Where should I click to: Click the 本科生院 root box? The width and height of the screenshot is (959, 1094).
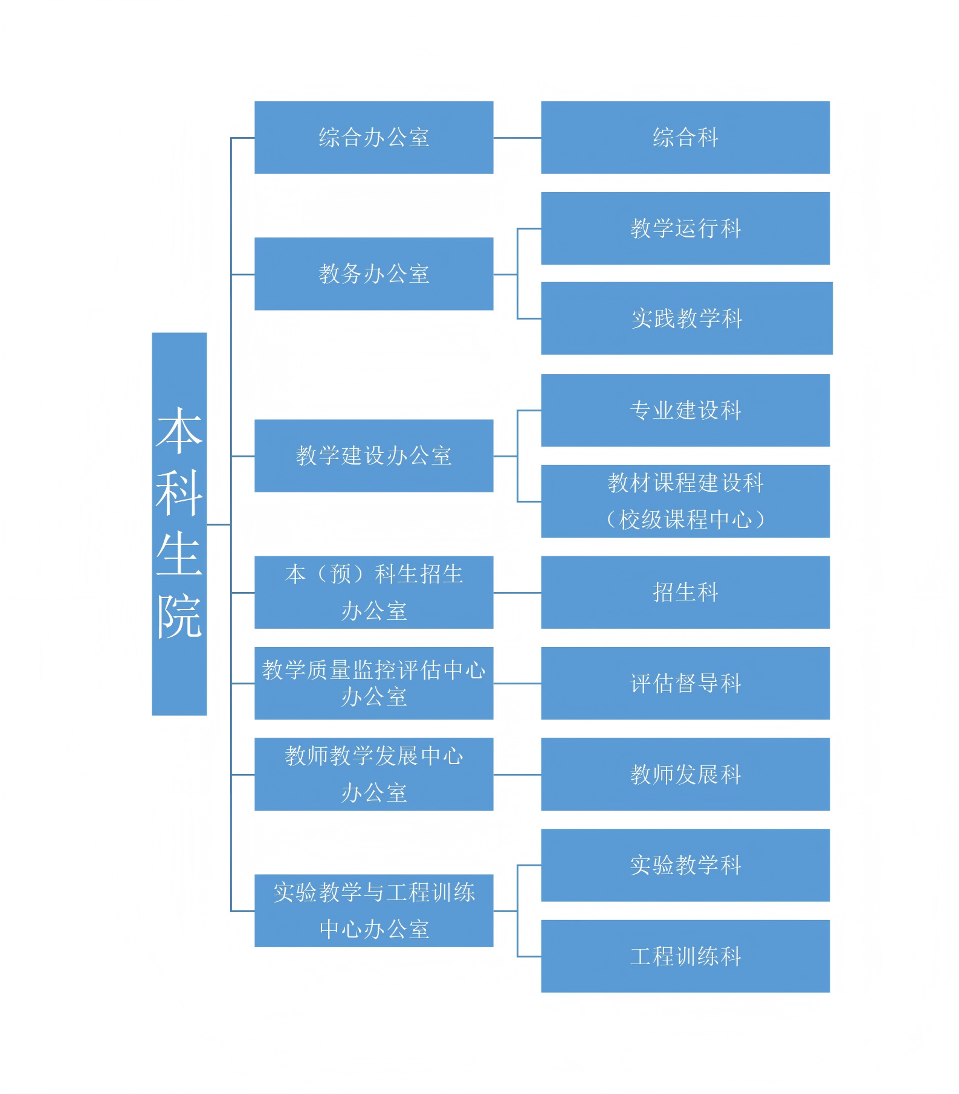tap(179, 523)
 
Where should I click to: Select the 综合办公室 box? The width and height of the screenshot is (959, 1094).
tap(373, 137)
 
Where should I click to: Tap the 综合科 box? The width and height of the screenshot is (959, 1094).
tap(685, 137)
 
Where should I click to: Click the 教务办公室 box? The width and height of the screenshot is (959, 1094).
tap(373, 274)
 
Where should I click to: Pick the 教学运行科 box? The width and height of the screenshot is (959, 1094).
tap(685, 228)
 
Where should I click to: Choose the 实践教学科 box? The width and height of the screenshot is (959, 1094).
tap(686, 318)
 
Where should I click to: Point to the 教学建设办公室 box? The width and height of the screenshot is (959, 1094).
tap(373, 455)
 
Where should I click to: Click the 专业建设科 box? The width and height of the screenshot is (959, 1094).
tap(685, 410)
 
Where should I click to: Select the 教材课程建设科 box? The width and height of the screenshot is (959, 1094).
tap(685, 501)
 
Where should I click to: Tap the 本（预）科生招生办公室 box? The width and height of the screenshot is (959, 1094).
tap(373, 592)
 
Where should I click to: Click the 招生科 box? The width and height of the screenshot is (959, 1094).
tap(685, 592)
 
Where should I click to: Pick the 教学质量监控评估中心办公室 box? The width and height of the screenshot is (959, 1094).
tap(373, 683)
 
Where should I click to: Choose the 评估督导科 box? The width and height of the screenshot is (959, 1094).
tap(685, 683)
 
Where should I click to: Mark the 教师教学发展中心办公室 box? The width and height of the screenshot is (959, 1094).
tap(373, 774)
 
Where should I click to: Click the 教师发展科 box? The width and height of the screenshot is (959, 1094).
tap(685, 774)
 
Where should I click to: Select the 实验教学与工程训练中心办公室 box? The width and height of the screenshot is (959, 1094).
tap(373, 910)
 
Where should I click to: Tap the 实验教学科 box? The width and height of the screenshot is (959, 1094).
tap(685, 865)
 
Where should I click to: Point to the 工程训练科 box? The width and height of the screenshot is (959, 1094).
tap(685, 956)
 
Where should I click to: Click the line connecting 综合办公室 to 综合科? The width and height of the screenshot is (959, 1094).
tap(517, 138)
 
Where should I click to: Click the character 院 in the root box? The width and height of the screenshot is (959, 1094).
tap(179, 616)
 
